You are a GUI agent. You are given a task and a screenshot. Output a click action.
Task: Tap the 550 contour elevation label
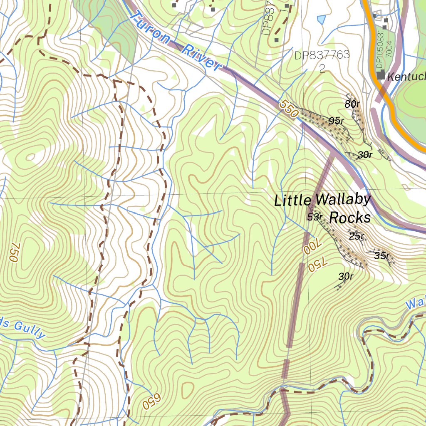coord(289,109)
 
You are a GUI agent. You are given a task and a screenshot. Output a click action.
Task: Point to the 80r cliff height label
coord(352,104)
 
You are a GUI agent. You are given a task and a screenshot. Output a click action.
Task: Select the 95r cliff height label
coord(336,121)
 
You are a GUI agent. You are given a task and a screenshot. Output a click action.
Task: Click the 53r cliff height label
coord(315,217)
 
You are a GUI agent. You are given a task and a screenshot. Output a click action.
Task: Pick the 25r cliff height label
coord(357,236)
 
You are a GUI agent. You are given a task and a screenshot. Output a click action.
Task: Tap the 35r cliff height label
coord(381,255)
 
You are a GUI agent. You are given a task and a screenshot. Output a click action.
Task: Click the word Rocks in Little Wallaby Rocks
coord(349,218)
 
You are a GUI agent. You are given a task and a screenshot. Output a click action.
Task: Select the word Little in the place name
coord(292,201)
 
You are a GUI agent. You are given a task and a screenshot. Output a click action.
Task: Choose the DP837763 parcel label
coord(322,55)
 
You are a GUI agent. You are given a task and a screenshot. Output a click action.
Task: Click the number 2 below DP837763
coord(322,69)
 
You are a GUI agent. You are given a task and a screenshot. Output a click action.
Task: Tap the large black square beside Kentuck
coord(381,75)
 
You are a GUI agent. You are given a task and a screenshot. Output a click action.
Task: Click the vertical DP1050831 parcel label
coord(379,49)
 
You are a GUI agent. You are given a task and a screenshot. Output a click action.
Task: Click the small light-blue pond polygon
coord(321,19)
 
